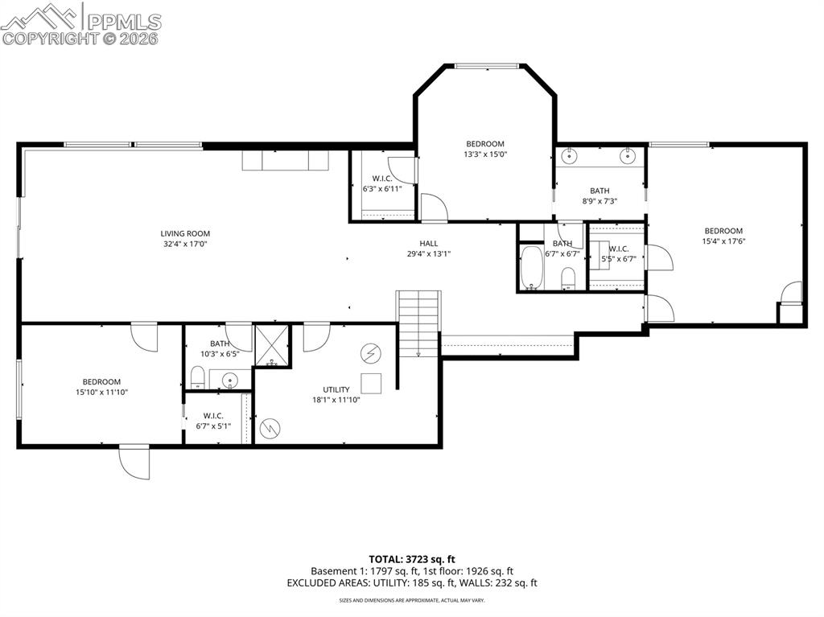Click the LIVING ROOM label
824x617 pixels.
click(184, 233)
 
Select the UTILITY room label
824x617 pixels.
click(336, 389)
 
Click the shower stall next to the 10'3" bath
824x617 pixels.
click(270, 345)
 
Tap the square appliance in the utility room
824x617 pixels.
click(370, 382)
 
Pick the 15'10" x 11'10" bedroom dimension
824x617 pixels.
click(101, 392)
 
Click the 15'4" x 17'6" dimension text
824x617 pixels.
click(723, 241)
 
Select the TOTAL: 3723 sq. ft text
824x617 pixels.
click(412, 558)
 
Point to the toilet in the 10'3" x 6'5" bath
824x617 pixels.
click(197, 376)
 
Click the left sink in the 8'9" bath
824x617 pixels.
click(570, 154)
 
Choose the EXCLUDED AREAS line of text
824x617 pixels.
click(412, 582)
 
